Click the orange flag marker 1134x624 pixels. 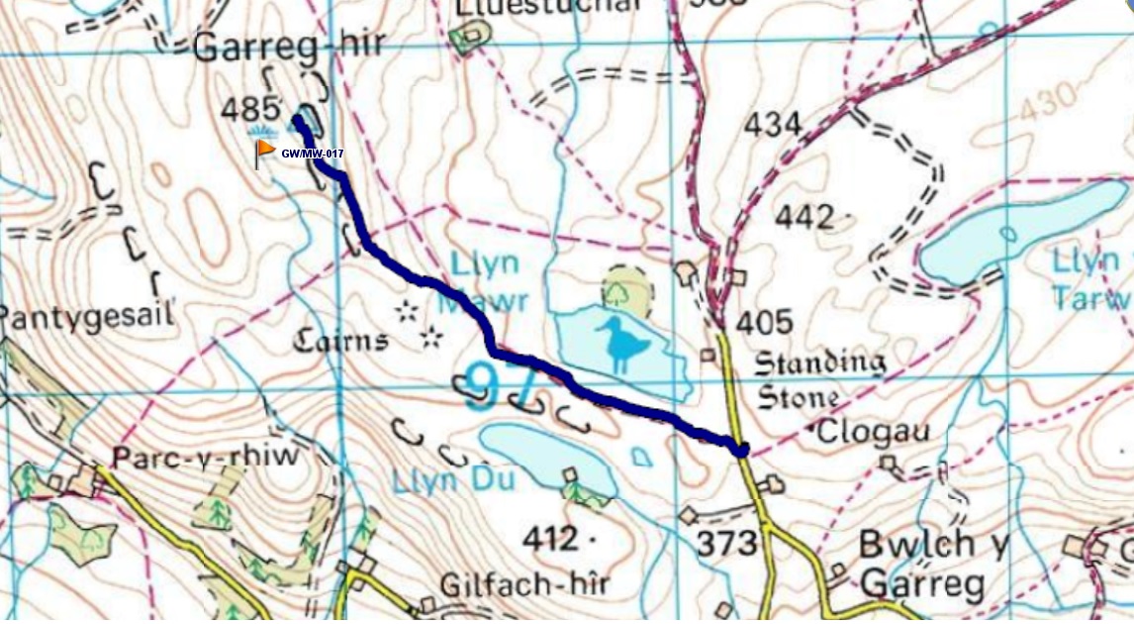264,151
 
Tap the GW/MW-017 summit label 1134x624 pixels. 313,154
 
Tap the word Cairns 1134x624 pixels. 339,342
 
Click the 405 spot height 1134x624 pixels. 764,322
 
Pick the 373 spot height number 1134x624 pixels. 726,543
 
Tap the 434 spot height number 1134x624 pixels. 771,124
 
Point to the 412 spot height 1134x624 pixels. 552,539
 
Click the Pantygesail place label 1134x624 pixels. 87,316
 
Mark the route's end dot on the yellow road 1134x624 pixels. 741,450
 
